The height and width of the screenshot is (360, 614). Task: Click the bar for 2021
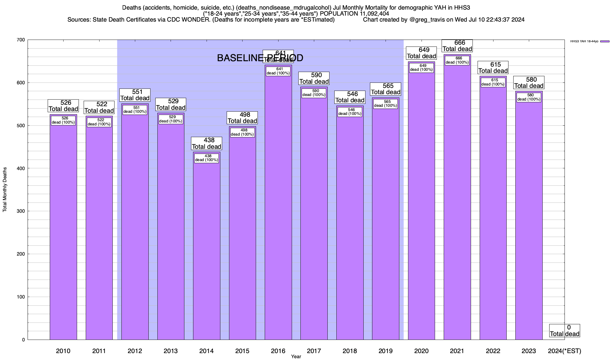tap(457, 210)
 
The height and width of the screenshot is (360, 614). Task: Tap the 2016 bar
tap(278, 210)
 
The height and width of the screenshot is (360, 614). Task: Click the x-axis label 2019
tap(386, 351)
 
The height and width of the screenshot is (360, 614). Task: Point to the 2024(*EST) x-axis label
tap(564, 351)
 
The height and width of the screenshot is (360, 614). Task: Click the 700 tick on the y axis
tap(21, 40)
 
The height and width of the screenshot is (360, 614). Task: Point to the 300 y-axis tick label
tap(21, 211)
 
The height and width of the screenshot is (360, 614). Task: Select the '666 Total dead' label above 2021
tap(457, 46)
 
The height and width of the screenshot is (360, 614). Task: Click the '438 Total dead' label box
tap(207, 143)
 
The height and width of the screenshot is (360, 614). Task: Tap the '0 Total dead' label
tap(565, 331)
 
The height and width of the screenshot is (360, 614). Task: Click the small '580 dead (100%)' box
tap(529, 97)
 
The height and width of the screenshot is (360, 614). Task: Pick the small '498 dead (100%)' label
tap(243, 132)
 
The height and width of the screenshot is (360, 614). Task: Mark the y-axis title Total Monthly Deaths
tap(5, 190)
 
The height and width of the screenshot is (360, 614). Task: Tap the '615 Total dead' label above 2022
tap(493, 67)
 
